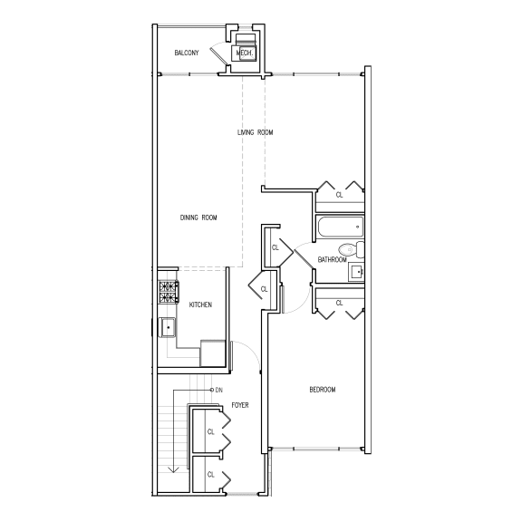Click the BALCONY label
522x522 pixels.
tap(187, 53)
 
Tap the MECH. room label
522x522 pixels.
tap(244, 53)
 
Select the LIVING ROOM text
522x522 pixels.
tap(255, 133)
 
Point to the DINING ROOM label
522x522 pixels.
tap(198, 217)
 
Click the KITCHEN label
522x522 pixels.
tap(200, 304)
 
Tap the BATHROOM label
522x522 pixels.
tap(332, 261)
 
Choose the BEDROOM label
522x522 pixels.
tap(322, 390)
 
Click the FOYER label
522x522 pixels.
tap(240, 405)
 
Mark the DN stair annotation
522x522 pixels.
tap(219, 390)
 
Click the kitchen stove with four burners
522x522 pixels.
tap(169, 293)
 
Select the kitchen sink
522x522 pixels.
tap(168, 327)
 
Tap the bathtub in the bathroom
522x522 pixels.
tap(339, 227)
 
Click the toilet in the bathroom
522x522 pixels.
tap(349, 249)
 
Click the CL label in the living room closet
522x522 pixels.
tap(339, 194)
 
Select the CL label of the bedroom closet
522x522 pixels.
tap(339, 302)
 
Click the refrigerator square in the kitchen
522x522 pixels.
tap(214, 352)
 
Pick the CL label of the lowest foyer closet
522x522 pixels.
tap(210, 474)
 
